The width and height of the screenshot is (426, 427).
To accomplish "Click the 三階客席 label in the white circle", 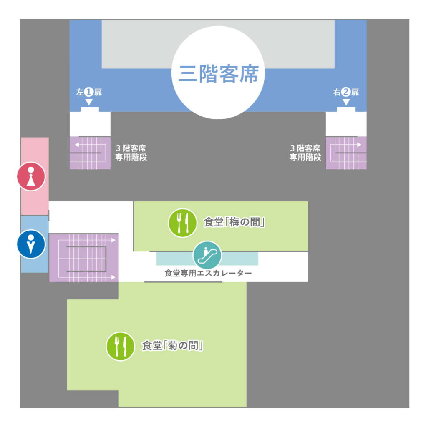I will [x=218, y=74].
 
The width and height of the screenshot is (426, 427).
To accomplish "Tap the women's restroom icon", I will [x=31, y=176].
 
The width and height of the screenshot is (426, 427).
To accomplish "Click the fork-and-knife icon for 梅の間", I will [x=182, y=223].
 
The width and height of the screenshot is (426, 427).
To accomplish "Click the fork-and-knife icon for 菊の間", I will [x=120, y=346].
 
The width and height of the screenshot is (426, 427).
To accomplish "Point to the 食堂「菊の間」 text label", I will [x=172, y=346].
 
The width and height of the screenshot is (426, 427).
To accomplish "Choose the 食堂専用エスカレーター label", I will [x=208, y=274].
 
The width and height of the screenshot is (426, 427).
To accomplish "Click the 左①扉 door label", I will [x=89, y=92].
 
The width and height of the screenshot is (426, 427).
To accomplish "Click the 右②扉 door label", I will [x=346, y=92].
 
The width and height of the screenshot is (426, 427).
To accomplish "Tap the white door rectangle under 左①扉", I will [x=90, y=112].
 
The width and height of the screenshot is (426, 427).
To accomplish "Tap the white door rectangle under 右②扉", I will [x=346, y=112].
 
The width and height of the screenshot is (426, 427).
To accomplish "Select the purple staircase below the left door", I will [x=90, y=153].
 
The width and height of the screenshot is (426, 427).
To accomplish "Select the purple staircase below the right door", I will [x=346, y=153].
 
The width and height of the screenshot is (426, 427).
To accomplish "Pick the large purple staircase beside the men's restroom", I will [x=84, y=258].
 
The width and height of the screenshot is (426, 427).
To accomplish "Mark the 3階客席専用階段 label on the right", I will [x=305, y=153].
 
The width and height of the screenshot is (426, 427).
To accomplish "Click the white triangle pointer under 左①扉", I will [x=89, y=102].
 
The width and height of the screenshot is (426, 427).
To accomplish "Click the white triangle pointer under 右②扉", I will [x=346, y=102].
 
